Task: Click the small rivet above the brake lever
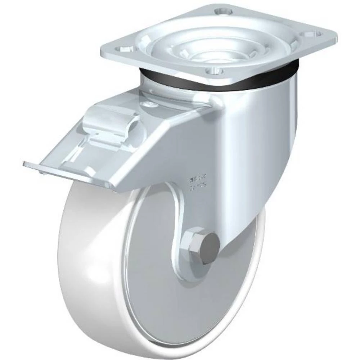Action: point(147,105)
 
